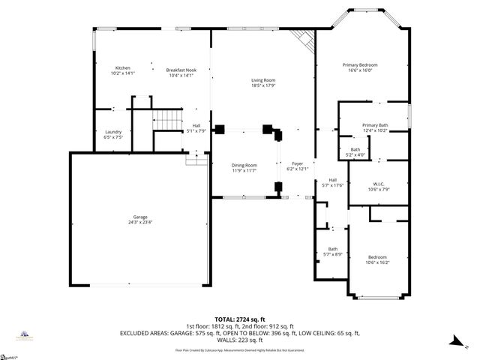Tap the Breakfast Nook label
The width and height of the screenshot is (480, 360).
pyautogui.click(x=180, y=70)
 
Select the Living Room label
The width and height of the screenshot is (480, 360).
pyautogui.click(x=262, y=80)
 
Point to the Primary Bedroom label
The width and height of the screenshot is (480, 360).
pyautogui.click(x=360, y=65)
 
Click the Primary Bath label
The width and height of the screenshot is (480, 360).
pyautogui.click(x=374, y=125)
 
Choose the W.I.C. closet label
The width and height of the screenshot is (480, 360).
pyautogui.click(x=379, y=184)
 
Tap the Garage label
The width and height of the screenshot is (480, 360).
pyautogui.click(x=140, y=217)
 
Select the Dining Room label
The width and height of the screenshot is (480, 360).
pyautogui.click(x=244, y=165)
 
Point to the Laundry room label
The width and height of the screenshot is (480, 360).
pyautogui.click(x=112, y=132)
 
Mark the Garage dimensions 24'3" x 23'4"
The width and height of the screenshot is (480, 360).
pyautogui.click(x=140, y=223)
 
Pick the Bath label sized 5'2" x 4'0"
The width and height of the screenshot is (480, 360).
pyautogui.click(x=355, y=149)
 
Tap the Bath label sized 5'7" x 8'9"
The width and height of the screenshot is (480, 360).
pyautogui.click(x=332, y=249)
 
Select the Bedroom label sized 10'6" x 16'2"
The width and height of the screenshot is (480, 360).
pyautogui.click(x=376, y=257)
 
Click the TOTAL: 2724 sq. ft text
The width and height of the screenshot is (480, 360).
pyautogui.click(x=240, y=319)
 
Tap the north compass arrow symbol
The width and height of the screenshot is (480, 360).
pyautogui.click(x=455, y=342)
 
